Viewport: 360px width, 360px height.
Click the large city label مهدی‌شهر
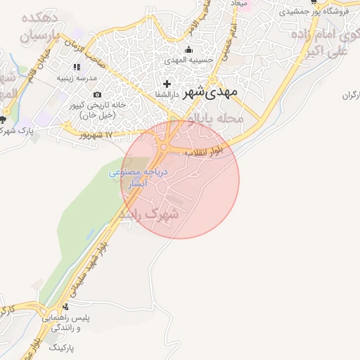212,92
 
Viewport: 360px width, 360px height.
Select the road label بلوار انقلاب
209,150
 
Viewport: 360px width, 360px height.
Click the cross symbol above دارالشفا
166,84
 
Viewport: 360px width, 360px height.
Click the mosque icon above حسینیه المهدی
188,50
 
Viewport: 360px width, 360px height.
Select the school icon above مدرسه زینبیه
77,67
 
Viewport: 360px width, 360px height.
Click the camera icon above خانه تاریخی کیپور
97,94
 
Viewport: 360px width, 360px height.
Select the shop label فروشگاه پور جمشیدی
314,12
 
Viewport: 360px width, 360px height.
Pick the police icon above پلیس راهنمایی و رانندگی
65,307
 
